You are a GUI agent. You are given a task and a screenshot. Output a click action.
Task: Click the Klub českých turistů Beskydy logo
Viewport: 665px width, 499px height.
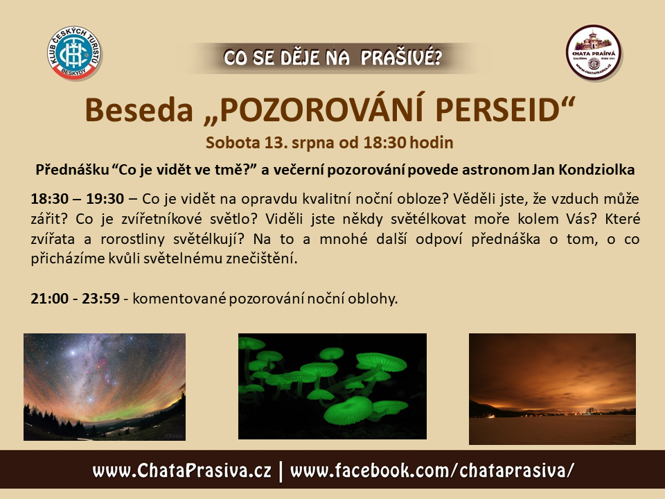[x=74, y=53]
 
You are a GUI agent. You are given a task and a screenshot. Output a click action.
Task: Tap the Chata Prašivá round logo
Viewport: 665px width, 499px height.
[x=594, y=53]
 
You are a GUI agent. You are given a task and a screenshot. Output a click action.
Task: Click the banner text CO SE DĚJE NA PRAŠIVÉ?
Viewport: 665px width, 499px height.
[x=333, y=58]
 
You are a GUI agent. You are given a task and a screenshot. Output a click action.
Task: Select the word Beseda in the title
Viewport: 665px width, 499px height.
[x=139, y=110]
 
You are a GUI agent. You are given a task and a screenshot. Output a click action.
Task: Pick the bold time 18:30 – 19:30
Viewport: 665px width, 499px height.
[x=78, y=199]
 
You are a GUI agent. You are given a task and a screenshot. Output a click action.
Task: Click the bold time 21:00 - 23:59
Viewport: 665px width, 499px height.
[x=75, y=298]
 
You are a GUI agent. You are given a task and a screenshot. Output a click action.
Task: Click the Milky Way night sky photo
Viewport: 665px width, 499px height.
[x=105, y=387]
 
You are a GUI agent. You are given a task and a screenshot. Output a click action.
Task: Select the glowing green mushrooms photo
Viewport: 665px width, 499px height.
[x=332, y=386]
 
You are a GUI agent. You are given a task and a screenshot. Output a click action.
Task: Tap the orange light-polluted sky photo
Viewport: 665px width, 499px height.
[x=552, y=389]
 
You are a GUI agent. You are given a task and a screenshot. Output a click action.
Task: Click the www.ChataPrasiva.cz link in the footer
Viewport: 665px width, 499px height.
[x=181, y=471]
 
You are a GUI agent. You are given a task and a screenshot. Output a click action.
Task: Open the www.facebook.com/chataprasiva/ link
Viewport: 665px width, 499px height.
[x=432, y=471]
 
